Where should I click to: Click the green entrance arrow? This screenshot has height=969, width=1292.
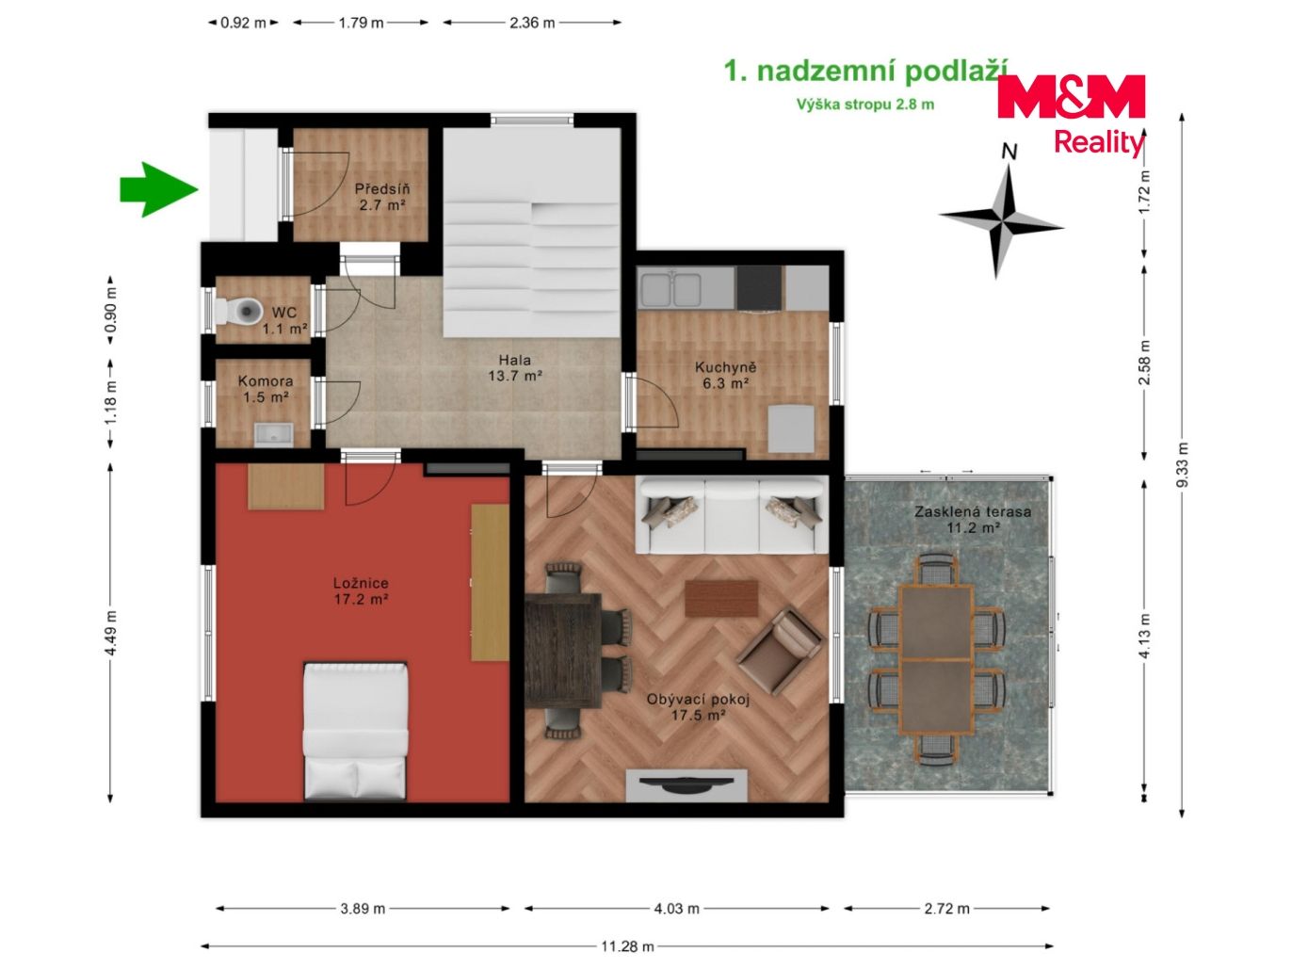point(159,189)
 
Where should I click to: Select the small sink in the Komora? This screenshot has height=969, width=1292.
point(273,433)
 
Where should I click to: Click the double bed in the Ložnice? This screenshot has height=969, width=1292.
point(355,732)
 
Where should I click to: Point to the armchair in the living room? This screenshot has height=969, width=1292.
point(780,652)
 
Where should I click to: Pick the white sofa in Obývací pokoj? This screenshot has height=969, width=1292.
point(732,515)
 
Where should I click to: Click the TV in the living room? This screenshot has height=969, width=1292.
point(686,783)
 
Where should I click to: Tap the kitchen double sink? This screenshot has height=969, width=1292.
point(671,290)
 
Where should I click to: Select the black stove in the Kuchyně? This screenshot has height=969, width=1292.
point(759,287)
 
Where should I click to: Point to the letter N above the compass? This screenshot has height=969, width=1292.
point(1009,152)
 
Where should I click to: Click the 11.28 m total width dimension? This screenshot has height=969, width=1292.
point(627,946)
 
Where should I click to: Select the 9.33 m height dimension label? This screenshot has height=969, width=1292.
point(1182,465)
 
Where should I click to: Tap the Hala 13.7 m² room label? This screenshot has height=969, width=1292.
point(514,367)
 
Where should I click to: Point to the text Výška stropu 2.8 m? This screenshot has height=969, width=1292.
point(865,105)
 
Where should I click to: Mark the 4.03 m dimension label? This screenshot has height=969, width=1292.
point(677,909)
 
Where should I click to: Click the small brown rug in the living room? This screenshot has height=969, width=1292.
point(721,598)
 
